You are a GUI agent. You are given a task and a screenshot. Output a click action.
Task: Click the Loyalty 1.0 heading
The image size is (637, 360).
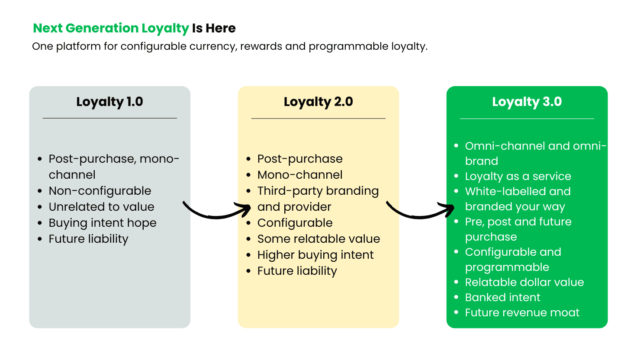coord(109,102)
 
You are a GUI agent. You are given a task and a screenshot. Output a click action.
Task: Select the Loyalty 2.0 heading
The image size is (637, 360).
coord(318,102)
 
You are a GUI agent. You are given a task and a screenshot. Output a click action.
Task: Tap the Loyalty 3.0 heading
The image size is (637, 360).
coord(527,102)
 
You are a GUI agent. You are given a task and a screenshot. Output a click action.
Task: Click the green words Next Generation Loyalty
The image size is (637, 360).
coord(111,29)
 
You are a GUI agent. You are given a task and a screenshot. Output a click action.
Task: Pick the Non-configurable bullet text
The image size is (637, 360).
coord(100,191)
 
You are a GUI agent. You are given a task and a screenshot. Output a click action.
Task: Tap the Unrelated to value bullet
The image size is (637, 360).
coord(102,207)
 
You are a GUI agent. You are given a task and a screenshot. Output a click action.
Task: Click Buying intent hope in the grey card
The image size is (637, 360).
coord(103,223)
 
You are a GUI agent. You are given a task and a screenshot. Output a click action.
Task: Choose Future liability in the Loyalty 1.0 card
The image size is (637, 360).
coord(88,239)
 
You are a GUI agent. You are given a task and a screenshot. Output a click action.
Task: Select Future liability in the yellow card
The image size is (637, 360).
coord(297,271)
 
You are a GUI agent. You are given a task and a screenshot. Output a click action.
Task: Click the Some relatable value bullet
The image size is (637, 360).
coord(318,239)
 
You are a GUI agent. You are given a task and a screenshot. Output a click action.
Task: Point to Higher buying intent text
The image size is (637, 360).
coord(315,255)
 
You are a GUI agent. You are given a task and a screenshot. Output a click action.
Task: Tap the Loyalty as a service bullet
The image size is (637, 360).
coord(518,177)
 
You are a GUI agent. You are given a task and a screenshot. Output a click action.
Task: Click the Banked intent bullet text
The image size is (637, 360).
coord(502,297)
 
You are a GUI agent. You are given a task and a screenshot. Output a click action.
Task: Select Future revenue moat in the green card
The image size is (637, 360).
coord(522,313)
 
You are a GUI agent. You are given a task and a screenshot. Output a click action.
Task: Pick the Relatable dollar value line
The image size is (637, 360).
coord(524,283)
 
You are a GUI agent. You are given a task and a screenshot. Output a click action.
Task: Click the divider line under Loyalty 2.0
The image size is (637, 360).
coord(318,118)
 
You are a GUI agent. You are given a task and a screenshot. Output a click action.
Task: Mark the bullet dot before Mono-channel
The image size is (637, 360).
coord(248,175)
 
